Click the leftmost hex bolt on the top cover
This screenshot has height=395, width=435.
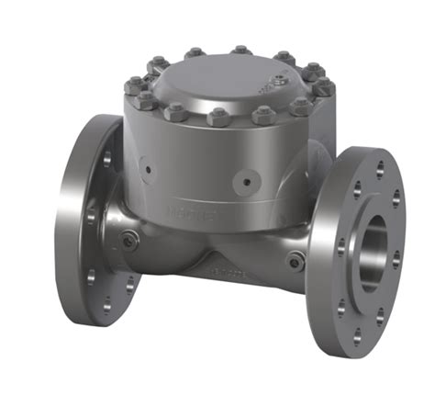point(131,86)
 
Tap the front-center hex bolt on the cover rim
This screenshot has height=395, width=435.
point(218,118)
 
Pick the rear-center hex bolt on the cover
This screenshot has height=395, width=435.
point(240,50)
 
